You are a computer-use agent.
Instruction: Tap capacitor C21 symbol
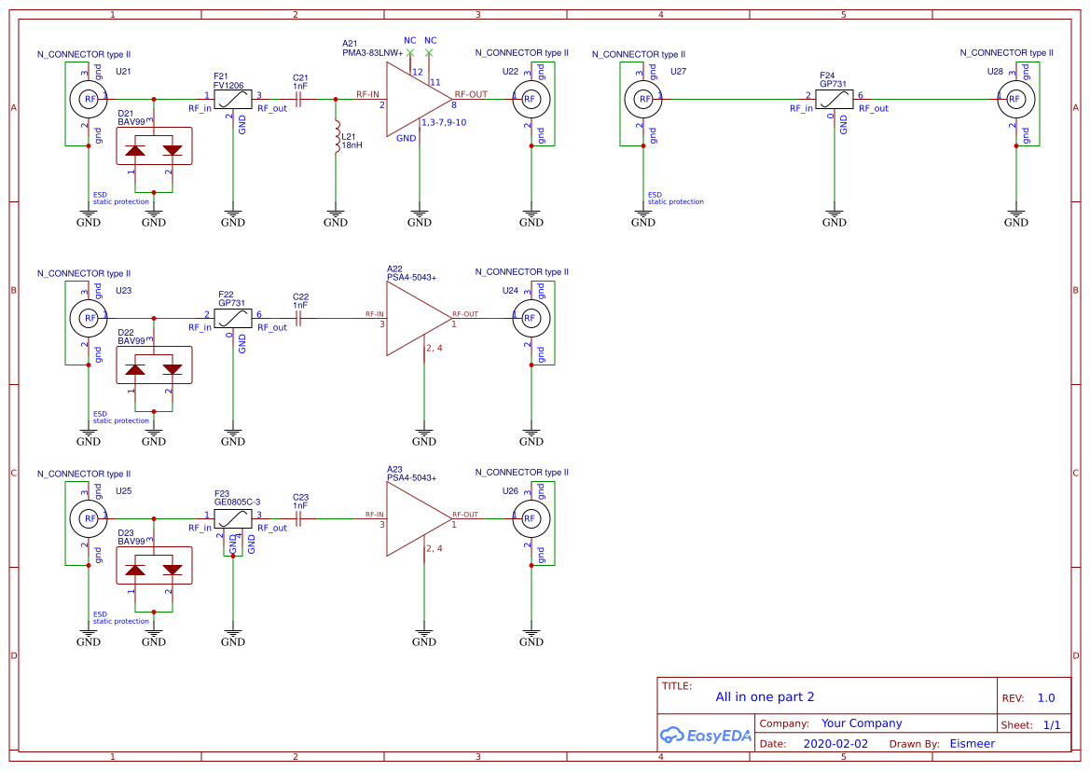click(299, 99)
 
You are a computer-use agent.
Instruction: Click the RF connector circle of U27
click(642, 98)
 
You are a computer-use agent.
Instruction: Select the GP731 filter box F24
click(835, 99)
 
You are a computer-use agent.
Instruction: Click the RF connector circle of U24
click(530, 318)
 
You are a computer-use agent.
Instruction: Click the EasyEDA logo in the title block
click(705, 735)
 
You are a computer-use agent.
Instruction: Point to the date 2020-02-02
click(835, 744)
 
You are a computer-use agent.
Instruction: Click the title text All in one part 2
click(765, 696)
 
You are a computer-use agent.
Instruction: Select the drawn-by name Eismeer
click(972, 744)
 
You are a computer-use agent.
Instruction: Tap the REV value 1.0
click(1045, 697)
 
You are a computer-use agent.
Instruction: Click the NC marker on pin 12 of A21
click(410, 53)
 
